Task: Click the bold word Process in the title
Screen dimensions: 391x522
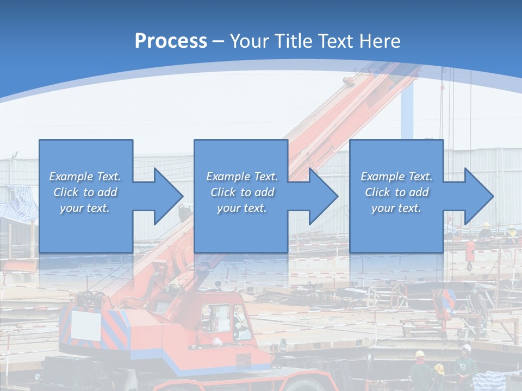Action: point(171,41)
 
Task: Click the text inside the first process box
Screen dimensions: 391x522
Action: point(85,192)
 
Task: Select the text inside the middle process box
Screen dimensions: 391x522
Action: point(241,192)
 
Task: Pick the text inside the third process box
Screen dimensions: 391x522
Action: point(396,192)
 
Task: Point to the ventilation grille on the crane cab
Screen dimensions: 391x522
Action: point(244,359)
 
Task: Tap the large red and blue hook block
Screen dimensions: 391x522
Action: point(444,304)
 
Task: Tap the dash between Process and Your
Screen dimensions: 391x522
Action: point(218,41)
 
